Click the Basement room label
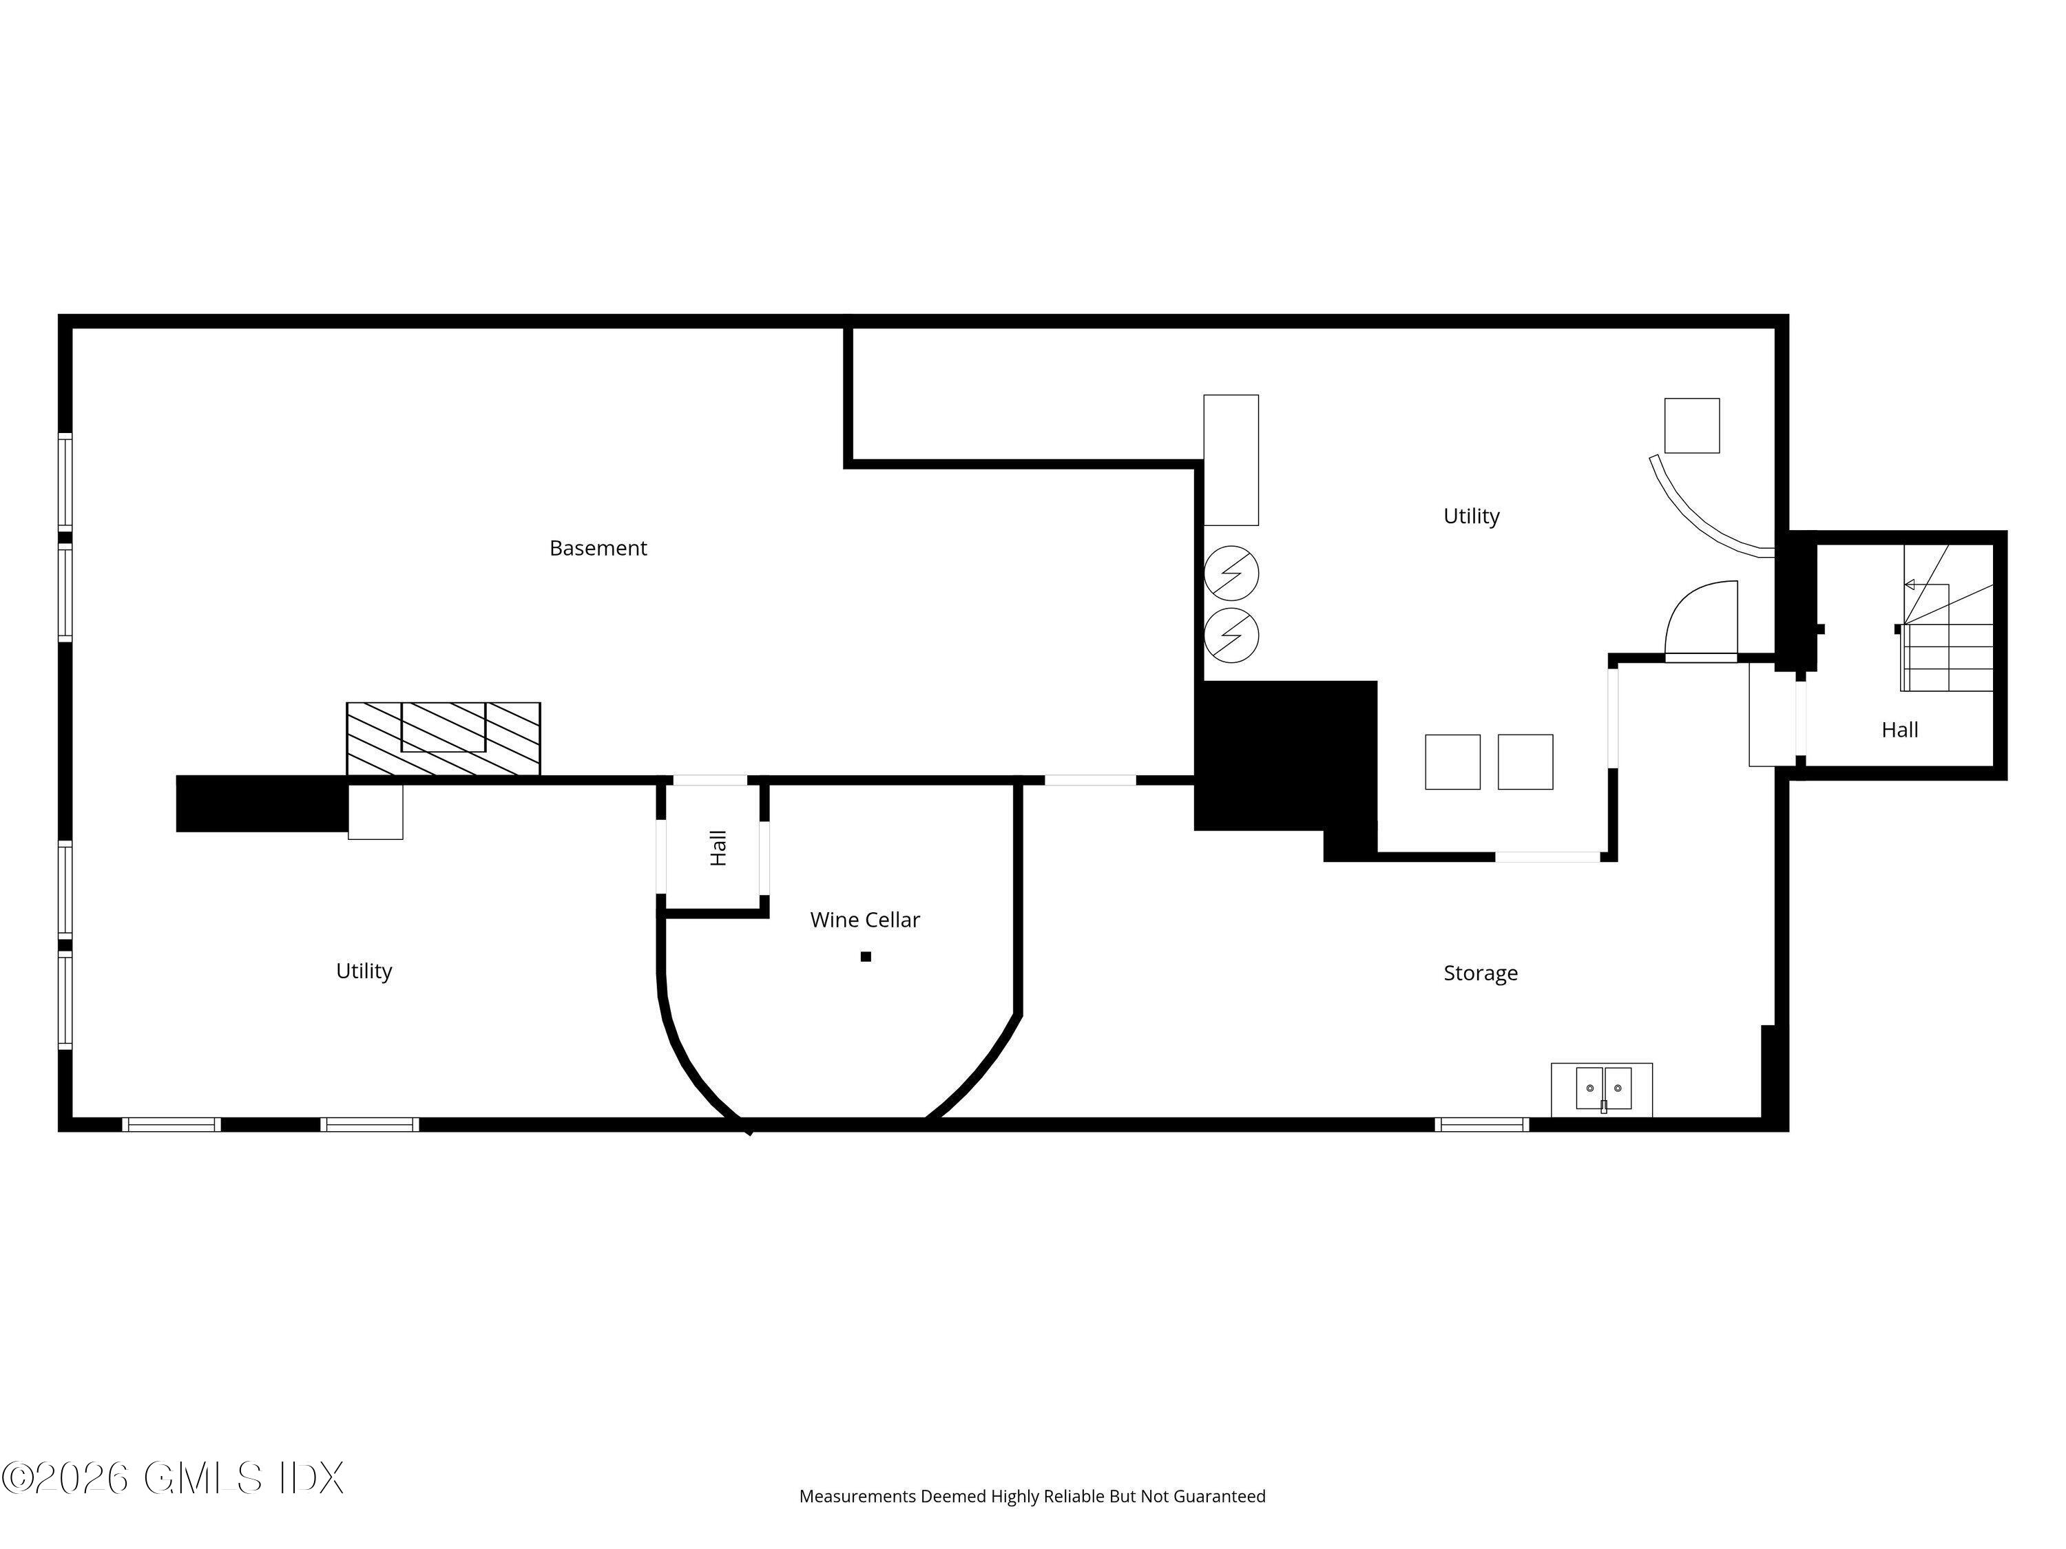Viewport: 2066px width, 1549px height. (598, 548)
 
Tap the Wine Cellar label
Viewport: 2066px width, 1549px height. (865, 920)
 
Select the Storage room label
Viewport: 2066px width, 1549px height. (1481, 973)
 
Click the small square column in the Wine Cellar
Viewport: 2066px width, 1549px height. (866, 956)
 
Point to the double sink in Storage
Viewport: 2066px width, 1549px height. (1603, 1088)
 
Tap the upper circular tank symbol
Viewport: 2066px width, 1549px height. (1231, 573)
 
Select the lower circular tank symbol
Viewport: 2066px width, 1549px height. (1231, 636)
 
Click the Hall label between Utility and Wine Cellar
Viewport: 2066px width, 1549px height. (718, 847)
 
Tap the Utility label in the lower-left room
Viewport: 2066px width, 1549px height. (364, 971)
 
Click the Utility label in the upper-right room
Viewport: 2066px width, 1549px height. (1471, 516)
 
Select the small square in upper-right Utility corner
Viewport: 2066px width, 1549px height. (1691, 425)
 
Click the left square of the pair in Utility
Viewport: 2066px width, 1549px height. (1452, 762)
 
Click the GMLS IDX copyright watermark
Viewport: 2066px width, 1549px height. (173, 1478)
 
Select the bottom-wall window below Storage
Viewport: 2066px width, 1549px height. (1481, 1124)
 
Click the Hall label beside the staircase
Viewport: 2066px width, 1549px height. (1900, 730)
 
